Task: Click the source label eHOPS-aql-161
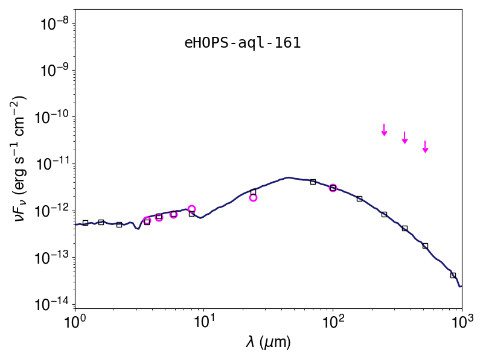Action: pyautogui.click(x=243, y=43)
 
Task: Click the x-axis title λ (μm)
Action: pyautogui.click(x=268, y=342)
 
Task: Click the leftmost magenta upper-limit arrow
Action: pyautogui.click(x=384, y=130)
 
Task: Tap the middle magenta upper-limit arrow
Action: pyautogui.click(x=405, y=138)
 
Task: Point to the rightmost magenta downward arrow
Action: pyautogui.click(x=426, y=147)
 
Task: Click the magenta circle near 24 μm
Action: pyautogui.click(x=253, y=198)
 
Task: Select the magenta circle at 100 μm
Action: pyautogui.click(x=333, y=188)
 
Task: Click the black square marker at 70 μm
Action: pyautogui.click(x=313, y=182)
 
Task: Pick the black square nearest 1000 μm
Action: pyautogui.click(x=453, y=275)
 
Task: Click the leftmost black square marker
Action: pyautogui.click(x=86, y=223)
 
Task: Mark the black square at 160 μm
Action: pyautogui.click(x=359, y=199)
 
